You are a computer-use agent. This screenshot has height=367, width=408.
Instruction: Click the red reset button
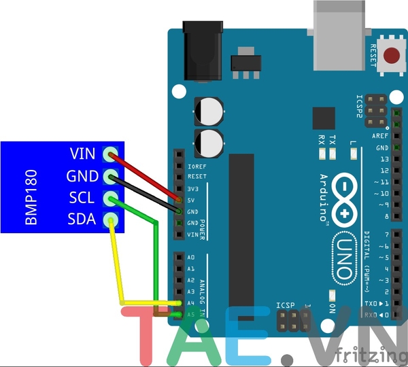point(392,56)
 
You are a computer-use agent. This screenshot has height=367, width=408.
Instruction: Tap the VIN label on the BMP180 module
point(84,154)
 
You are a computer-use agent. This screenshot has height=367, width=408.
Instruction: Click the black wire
point(146,194)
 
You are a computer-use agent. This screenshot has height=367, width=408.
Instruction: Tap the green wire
point(156,258)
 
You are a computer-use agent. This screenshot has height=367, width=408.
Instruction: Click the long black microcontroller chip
point(241,231)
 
